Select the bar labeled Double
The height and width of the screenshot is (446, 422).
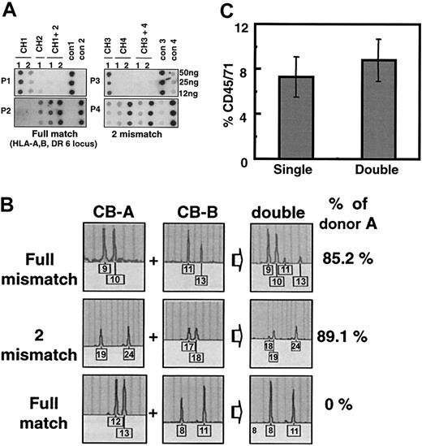coord(365,106)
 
